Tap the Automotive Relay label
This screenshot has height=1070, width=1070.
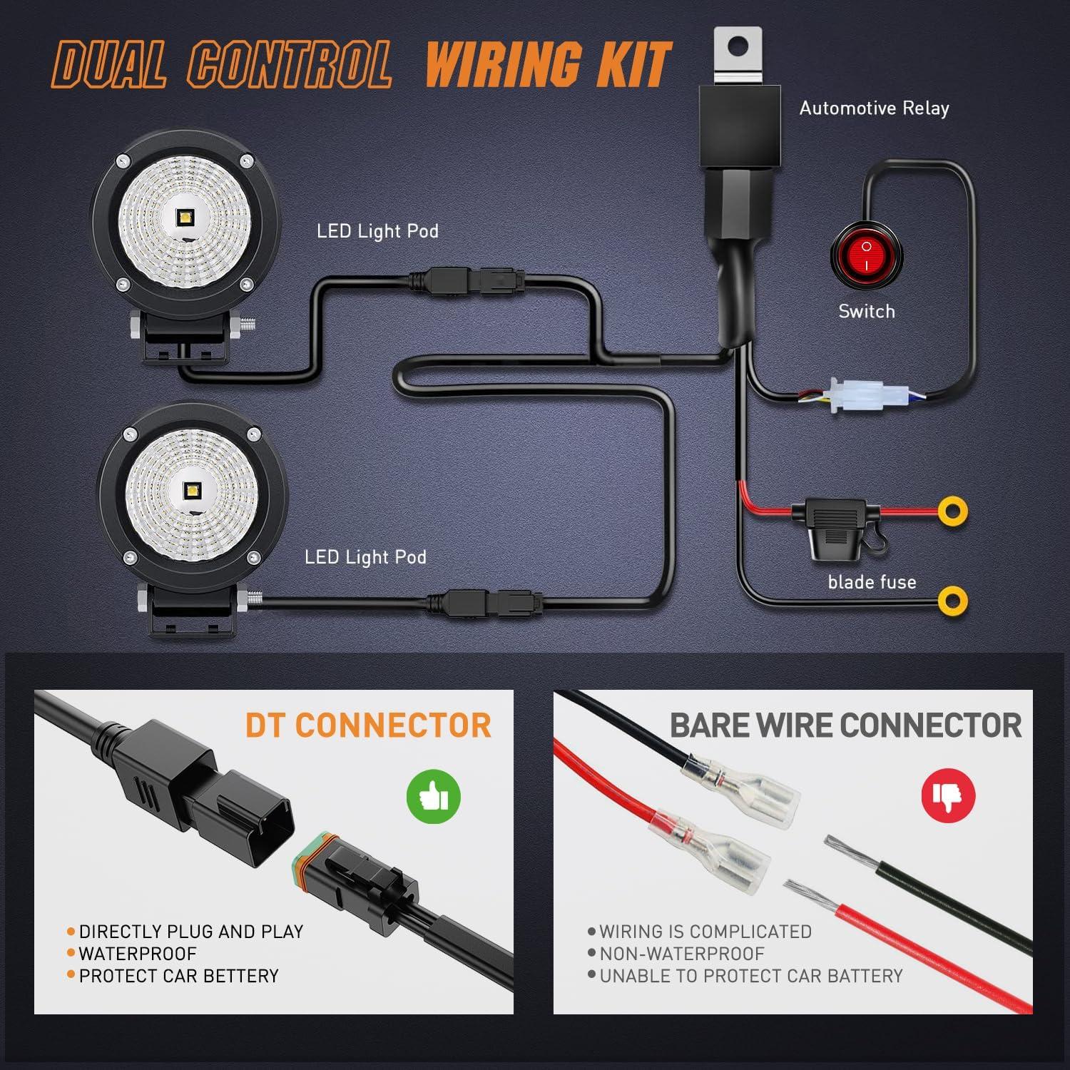pos(874,108)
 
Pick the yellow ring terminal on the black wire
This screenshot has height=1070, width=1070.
pos(952,600)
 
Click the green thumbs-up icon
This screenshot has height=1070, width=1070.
pos(433,796)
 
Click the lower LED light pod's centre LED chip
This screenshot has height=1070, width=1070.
pos(191,490)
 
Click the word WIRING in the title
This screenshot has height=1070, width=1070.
pos(503,65)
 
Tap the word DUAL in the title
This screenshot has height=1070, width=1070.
pos(110,66)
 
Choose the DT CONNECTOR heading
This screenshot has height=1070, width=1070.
pos(368,725)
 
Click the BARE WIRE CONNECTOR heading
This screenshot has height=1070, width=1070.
pos(845,725)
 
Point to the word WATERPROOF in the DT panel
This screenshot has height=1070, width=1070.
pos(138,954)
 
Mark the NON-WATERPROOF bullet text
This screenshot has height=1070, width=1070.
pos(681,954)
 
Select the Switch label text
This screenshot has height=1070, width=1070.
pos(866,312)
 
